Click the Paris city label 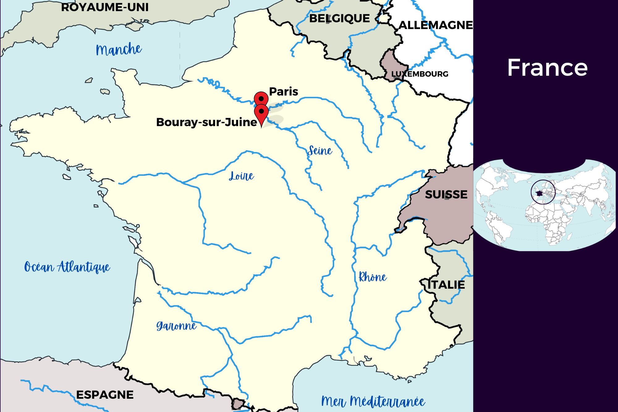click(x=283, y=91)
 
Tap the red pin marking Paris click(x=261, y=99)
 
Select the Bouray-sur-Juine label click(x=206, y=122)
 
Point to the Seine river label click(x=320, y=151)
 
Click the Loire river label click(x=241, y=176)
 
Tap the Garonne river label click(x=176, y=326)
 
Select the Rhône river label click(x=372, y=277)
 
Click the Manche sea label click(x=119, y=49)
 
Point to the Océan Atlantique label click(x=67, y=267)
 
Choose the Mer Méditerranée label click(x=373, y=401)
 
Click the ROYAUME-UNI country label click(x=105, y=7)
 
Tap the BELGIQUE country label click(x=339, y=19)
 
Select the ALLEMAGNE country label click(x=436, y=25)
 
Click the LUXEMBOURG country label click(x=419, y=74)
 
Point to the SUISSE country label click(x=446, y=194)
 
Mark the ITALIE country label click(x=446, y=285)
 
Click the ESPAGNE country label click(x=105, y=395)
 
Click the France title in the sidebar click(x=547, y=68)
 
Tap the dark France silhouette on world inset click(x=539, y=193)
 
